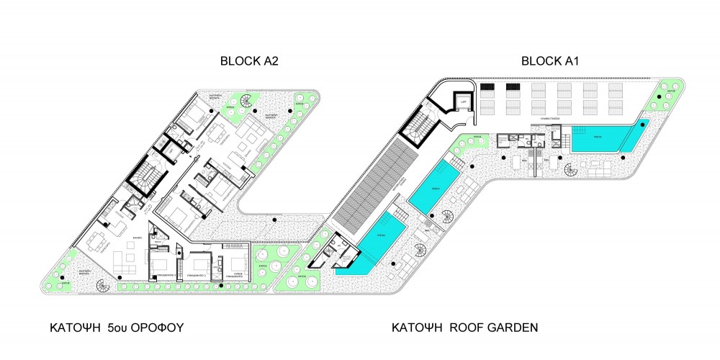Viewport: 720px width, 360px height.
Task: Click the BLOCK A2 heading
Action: pyautogui.click(x=248, y=62)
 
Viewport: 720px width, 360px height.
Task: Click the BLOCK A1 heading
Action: pyautogui.click(x=550, y=62)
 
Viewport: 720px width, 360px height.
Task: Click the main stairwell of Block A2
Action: pyautogui.click(x=144, y=177)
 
